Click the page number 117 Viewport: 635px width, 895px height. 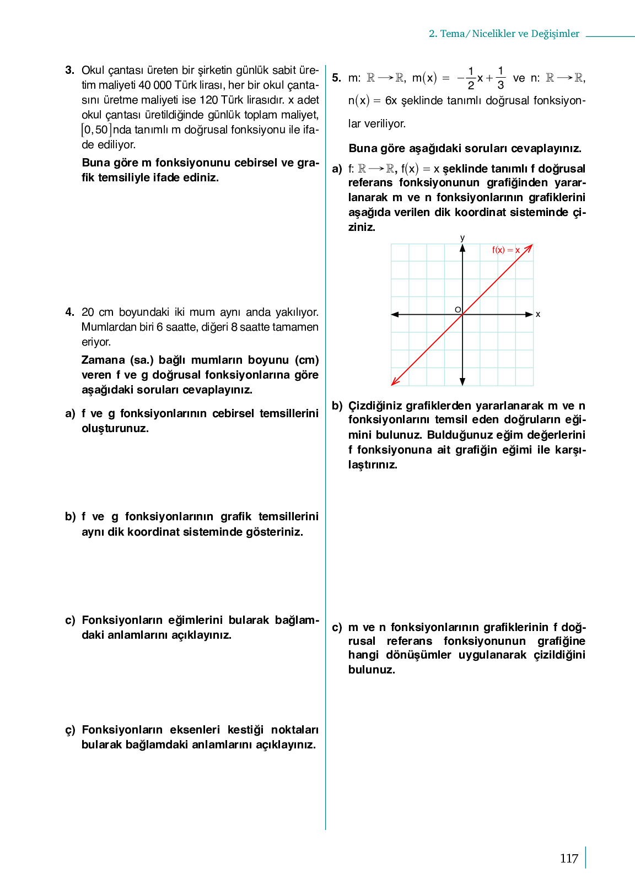tap(569, 859)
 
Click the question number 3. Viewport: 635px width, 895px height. tap(69, 70)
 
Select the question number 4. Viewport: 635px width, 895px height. tap(69, 312)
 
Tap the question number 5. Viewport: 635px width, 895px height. tap(336, 78)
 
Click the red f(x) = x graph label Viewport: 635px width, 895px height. tap(505, 250)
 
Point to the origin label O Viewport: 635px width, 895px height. tap(458, 310)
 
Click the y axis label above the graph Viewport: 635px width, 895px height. tap(462, 238)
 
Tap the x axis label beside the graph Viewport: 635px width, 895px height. tap(538, 314)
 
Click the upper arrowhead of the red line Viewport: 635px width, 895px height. tap(529, 248)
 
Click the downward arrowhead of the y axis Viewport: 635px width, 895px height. tap(462, 381)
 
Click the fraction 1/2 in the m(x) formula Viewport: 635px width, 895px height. tap(471, 78)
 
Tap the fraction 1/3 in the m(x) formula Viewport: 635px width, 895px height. tap(501, 78)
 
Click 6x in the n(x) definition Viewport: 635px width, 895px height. tap(391, 100)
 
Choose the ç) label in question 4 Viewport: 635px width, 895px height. tap(70, 730)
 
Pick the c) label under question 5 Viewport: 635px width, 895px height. tap(337, 627)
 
